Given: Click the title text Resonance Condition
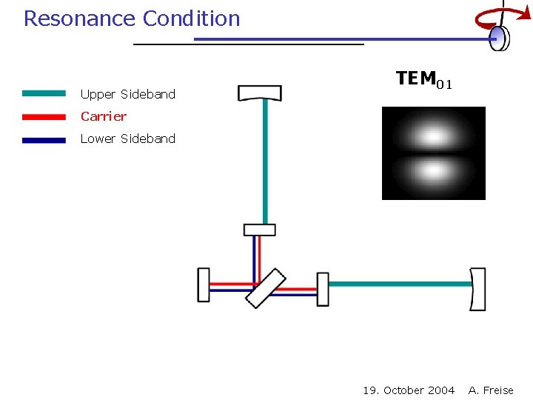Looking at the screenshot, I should pos(132,19).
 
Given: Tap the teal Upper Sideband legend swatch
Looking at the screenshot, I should pos(44,94).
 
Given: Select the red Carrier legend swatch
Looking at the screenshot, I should pos(44,116).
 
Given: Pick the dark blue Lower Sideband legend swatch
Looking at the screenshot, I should pos(44,139).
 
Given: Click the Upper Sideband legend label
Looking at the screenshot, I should pos(128,94).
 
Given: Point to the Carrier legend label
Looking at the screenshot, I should pos(104,116).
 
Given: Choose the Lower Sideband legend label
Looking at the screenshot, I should pos(128,139).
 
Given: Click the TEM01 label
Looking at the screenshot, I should pos(423,80).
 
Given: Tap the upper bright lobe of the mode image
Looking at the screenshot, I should pos(433,135).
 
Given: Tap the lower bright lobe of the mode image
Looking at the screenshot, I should pos(433,173).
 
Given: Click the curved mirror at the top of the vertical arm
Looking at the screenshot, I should pos(260,93).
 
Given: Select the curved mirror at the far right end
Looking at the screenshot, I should pos(478,289).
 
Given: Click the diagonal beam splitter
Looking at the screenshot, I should pos(266,287).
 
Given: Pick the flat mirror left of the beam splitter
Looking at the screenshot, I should pos(204,285).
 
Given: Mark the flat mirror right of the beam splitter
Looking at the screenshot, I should pos(323,289).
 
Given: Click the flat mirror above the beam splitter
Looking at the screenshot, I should pos(259,230).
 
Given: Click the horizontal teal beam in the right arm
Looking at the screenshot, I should pos(400,284).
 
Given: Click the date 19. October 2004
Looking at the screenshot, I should pos(409,390).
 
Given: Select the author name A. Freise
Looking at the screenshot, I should pos(491,390).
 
